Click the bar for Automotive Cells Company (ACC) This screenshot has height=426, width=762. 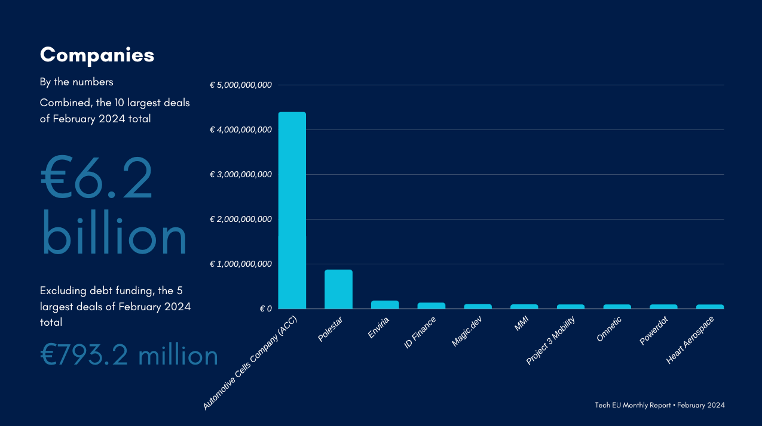(292, 210)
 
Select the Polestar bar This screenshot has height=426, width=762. (338, 289)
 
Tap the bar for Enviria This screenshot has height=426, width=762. (385, 304)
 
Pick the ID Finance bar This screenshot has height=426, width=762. (431, 305)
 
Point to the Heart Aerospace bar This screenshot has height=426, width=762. (710, 307)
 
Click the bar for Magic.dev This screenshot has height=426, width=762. (478, 307)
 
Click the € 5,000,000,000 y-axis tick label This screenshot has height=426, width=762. (241, 85)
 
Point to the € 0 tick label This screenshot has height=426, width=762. (266, 309)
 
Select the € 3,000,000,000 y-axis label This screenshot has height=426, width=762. (241, 175)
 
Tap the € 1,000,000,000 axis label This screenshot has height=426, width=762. (241, 264)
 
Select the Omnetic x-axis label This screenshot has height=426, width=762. (609, 329)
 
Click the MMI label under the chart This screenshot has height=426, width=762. (521, 324)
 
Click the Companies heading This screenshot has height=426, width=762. (97, 55)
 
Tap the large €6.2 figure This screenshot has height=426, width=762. (97, 178)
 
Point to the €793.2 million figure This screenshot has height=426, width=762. (129, 356)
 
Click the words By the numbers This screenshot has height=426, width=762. (76, 82)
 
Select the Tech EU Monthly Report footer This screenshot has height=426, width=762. (660, 405)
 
